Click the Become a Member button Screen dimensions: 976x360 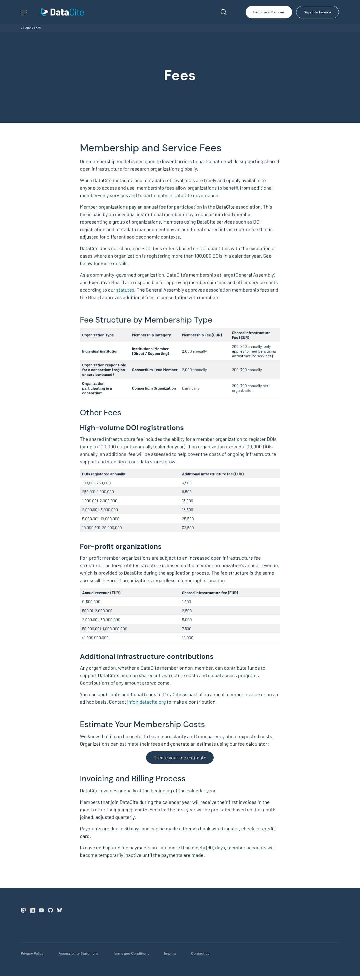(269, 12)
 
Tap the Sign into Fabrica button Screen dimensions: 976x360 (317, 12)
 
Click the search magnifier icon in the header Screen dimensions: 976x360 (223, 12)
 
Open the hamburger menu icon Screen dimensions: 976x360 (24, 12)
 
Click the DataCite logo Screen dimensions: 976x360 (61, 12)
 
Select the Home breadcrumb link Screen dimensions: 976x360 (27, 28)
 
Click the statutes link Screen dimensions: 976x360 (125, 290)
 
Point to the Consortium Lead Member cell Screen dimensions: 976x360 (154, 370)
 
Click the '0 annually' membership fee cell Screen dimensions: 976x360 (190, 388)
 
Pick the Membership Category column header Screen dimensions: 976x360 (151, 335)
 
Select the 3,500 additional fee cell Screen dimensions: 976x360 (187, 483)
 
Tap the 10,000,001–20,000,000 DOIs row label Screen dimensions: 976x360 (102, 528)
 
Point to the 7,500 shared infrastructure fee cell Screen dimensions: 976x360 (186, 629)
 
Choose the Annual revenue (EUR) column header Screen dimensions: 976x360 (101, 593)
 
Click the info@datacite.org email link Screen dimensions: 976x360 (146, 702)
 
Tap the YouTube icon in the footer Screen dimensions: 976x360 (41, 910)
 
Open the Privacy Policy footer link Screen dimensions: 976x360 (32, 953)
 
